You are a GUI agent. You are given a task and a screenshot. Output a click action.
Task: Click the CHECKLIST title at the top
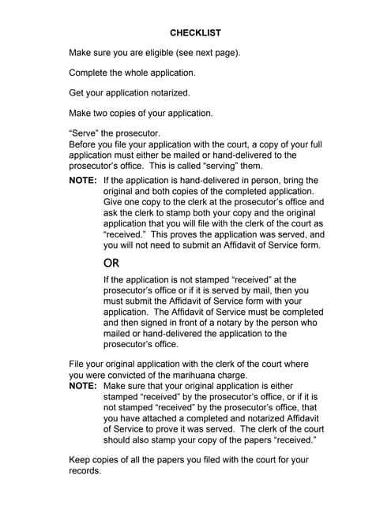coord(195,33)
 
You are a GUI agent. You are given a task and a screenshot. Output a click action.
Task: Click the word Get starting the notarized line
coord(77,93)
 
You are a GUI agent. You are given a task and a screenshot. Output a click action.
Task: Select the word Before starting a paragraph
coord(85,145)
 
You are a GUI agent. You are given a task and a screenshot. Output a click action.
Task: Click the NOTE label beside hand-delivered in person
coord(83,181)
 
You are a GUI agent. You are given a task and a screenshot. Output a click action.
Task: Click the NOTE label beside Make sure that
coord(83,387)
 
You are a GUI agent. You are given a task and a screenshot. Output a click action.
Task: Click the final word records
coord(85,470)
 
